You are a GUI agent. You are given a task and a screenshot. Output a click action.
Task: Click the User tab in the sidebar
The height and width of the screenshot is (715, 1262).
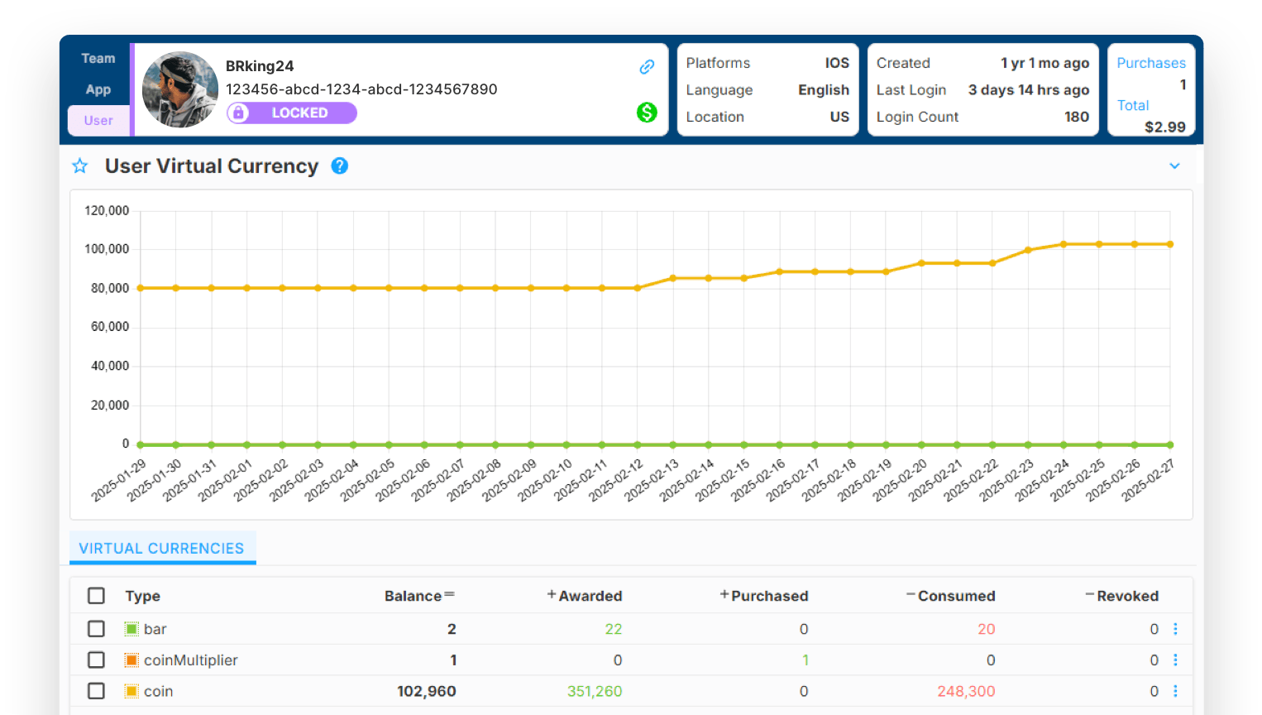(x=98, y=120)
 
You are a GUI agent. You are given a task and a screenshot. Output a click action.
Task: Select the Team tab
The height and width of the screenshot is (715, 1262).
(x=98, y=58)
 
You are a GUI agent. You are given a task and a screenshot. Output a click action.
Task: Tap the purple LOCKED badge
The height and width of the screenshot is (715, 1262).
(x=292, y=113)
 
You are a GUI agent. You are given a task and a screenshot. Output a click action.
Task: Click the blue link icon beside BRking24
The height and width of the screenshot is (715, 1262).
(x=647, y=66)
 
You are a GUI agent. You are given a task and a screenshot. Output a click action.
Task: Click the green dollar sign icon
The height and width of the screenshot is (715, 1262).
(x=647, y=113)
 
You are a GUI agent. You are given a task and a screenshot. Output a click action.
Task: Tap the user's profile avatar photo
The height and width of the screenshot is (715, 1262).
(x=179, y=89)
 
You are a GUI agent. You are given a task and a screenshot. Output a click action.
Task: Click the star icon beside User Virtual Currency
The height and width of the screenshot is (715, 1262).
(x=80, y=166)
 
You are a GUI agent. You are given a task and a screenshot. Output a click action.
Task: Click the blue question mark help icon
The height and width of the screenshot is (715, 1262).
(x=340, y=166)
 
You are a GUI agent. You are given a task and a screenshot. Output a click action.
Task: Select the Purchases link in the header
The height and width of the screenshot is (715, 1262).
(x=1151, y=63)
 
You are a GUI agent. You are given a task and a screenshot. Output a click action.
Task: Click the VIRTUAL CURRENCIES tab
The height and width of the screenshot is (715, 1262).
(x=162, y=548)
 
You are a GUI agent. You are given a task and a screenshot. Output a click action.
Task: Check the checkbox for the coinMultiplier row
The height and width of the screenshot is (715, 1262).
(x=96, y=660)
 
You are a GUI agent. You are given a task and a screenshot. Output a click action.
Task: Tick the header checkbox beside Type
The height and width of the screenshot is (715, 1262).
(x=96, y=596)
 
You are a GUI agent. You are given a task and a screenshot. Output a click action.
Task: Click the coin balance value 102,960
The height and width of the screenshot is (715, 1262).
(x=427, y=691)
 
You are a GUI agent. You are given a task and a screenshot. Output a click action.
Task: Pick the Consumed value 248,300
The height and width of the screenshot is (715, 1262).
(x=966, y=691)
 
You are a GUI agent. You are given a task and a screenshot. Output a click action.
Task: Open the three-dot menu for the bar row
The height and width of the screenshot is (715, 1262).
(x=1175, y=629)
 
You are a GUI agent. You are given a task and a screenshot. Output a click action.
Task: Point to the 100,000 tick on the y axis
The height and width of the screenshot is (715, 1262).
(x=107, y=249)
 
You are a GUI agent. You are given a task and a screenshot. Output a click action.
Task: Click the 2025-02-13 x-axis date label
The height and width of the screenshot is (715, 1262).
(x=653, y=481)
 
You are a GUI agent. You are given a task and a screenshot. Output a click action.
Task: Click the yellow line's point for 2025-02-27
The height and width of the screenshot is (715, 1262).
(x=1170, y=244)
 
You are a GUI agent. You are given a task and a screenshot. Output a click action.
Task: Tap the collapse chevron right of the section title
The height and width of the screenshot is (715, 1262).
(x=1174, y=166)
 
